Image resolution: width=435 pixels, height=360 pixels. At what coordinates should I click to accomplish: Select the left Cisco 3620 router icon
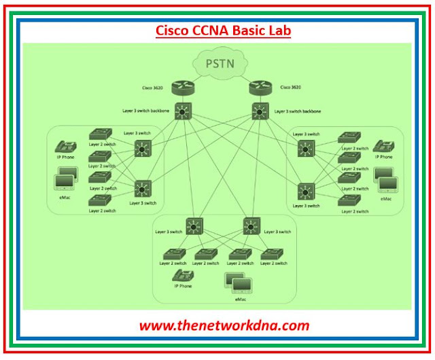click(x=184, y=87)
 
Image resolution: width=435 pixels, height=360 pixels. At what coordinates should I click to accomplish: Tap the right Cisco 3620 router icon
click(x=260, y=87)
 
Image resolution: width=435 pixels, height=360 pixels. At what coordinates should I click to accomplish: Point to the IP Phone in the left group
click(x=65, y=147)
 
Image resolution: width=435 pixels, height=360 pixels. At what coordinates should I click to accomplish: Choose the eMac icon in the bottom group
click(x=234, y=281)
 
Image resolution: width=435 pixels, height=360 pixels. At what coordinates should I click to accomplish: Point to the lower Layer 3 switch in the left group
click(x=143, y=187)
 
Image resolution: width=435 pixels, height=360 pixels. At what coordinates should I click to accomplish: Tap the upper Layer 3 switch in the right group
click(x=308, y=149)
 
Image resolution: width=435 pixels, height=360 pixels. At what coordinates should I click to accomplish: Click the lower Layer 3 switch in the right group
click(x=308, y=192)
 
